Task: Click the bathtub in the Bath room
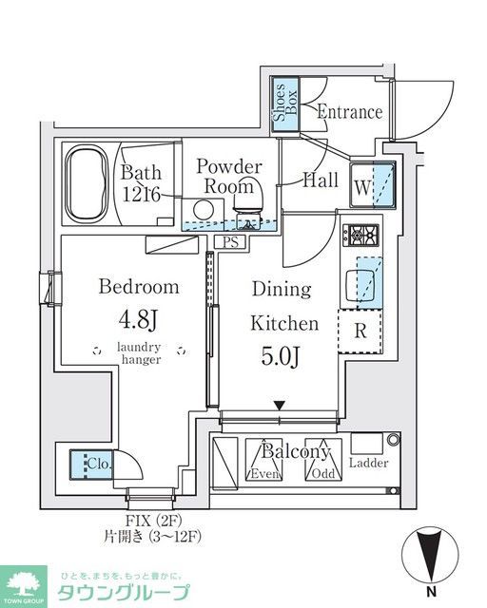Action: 87,183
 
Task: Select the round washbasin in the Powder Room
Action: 204,210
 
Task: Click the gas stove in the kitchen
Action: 360,235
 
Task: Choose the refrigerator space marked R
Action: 360,331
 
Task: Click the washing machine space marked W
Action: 372,184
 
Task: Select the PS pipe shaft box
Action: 230,242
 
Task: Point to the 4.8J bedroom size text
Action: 138,320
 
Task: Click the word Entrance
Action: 349,112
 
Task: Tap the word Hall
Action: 320,180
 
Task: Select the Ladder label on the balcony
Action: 368,463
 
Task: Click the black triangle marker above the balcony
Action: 280,406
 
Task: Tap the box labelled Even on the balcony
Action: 264,460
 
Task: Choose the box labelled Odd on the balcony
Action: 323,460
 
